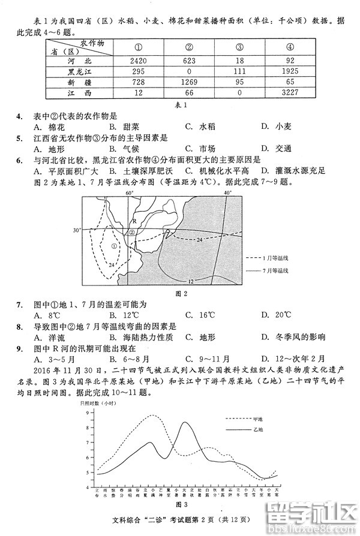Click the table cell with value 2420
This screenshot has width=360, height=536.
138,60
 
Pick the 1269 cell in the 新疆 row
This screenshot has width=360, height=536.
189,82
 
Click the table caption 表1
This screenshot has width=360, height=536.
181,105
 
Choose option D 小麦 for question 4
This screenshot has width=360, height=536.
276,127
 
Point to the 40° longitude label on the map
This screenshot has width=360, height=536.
227,194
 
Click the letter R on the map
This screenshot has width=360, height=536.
134,221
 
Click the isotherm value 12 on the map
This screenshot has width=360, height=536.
190,281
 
